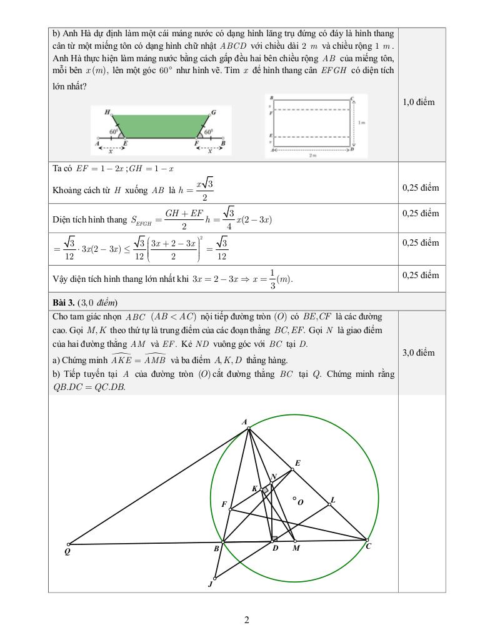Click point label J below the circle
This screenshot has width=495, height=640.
point(210,585)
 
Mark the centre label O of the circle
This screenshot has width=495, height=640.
point(301,501)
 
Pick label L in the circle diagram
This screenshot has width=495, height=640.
point(333,499)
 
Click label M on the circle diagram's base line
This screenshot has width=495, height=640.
point(296,548)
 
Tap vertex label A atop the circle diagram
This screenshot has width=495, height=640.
point(244,422)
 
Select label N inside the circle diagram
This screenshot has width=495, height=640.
point(274,477)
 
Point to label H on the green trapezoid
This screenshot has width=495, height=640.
point(107,112)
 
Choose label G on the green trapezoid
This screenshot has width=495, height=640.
point(214,112)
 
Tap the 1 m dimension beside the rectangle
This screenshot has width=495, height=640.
point(362,123)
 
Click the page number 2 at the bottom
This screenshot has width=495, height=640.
point(247,621)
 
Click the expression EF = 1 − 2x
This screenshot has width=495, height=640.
point(100,169)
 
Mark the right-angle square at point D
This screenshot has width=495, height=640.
point(274,538)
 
